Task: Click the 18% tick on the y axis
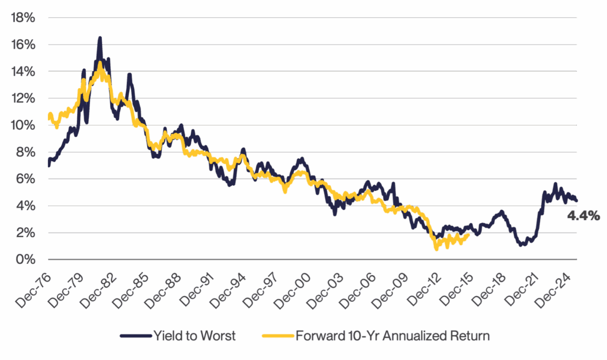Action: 23,18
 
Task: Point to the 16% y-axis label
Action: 23,45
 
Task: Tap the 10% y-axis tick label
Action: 23,126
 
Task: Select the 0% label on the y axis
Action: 25,260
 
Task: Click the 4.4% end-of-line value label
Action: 584,216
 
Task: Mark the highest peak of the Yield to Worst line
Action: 100,38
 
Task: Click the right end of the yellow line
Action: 469,234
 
